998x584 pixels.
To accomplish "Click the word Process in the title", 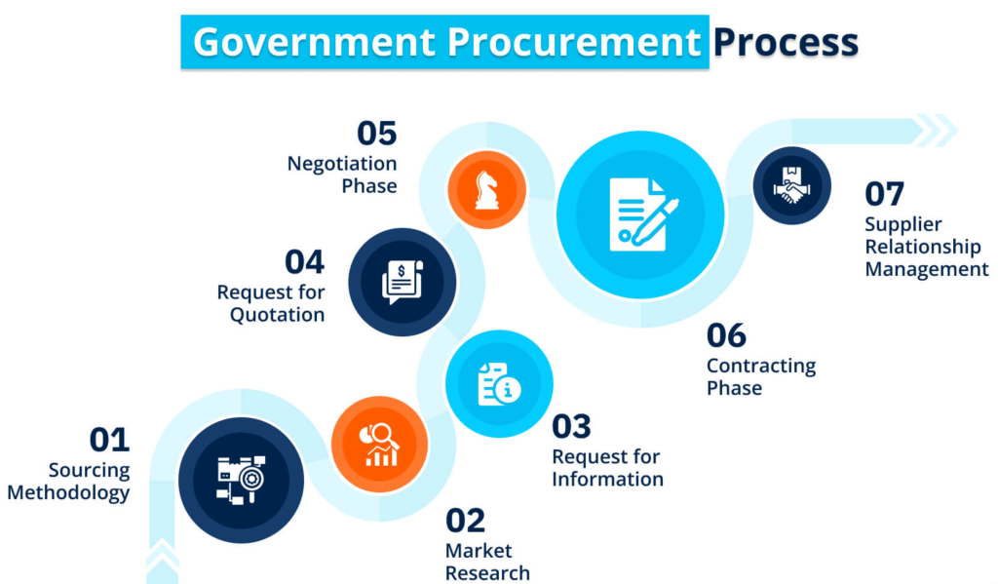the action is [x=786, y=42].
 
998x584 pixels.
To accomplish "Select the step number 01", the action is [x=109, y=440].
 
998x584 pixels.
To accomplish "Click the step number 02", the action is [x=465, y=521].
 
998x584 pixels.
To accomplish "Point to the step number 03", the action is [x=571, y=427].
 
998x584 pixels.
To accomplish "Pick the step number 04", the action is [x=304, y=261].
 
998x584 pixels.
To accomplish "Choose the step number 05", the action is [x=377, y=134].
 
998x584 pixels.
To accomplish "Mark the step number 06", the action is [x=726, y=335].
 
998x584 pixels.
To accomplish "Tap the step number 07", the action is [x=884, y=194].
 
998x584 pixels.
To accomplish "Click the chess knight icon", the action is [x=487, y=190].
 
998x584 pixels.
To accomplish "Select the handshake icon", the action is [x=791, y=185].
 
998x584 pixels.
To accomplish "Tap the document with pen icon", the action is [x=643, y=214].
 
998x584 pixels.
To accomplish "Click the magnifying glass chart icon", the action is [x=380, y=445].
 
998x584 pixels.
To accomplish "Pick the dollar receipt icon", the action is [x=403, y=282].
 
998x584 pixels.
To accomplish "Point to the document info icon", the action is [x=499, y=384].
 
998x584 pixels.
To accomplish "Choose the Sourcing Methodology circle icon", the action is [x=242, y=481].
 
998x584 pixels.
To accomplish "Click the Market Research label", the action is [x=487, y=561].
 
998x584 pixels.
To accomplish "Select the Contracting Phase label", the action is [x=761, y=376].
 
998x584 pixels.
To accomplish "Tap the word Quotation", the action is [x=278, y=315].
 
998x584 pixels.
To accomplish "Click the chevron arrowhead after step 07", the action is [x=937, y=130].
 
